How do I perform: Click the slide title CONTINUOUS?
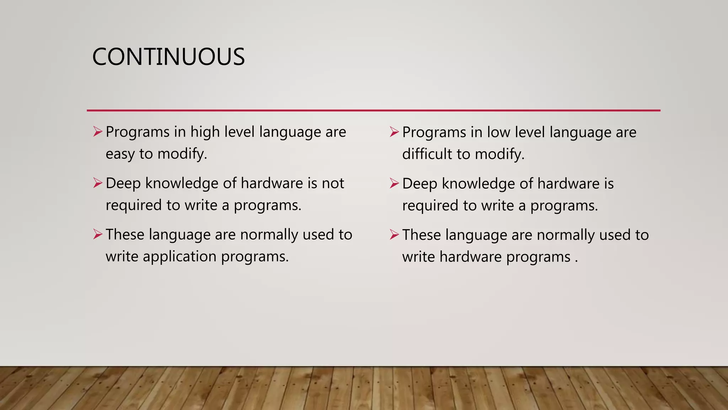point(168,57)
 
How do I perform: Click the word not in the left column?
point(333,184)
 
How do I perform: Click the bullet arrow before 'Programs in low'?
point(394,132)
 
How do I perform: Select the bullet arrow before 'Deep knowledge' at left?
point(98,183)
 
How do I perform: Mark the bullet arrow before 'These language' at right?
point(394,235)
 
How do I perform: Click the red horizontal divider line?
point(373,110)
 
